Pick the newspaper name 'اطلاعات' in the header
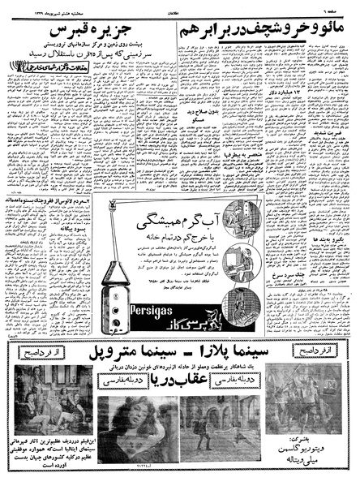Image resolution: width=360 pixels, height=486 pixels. (182, 6)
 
